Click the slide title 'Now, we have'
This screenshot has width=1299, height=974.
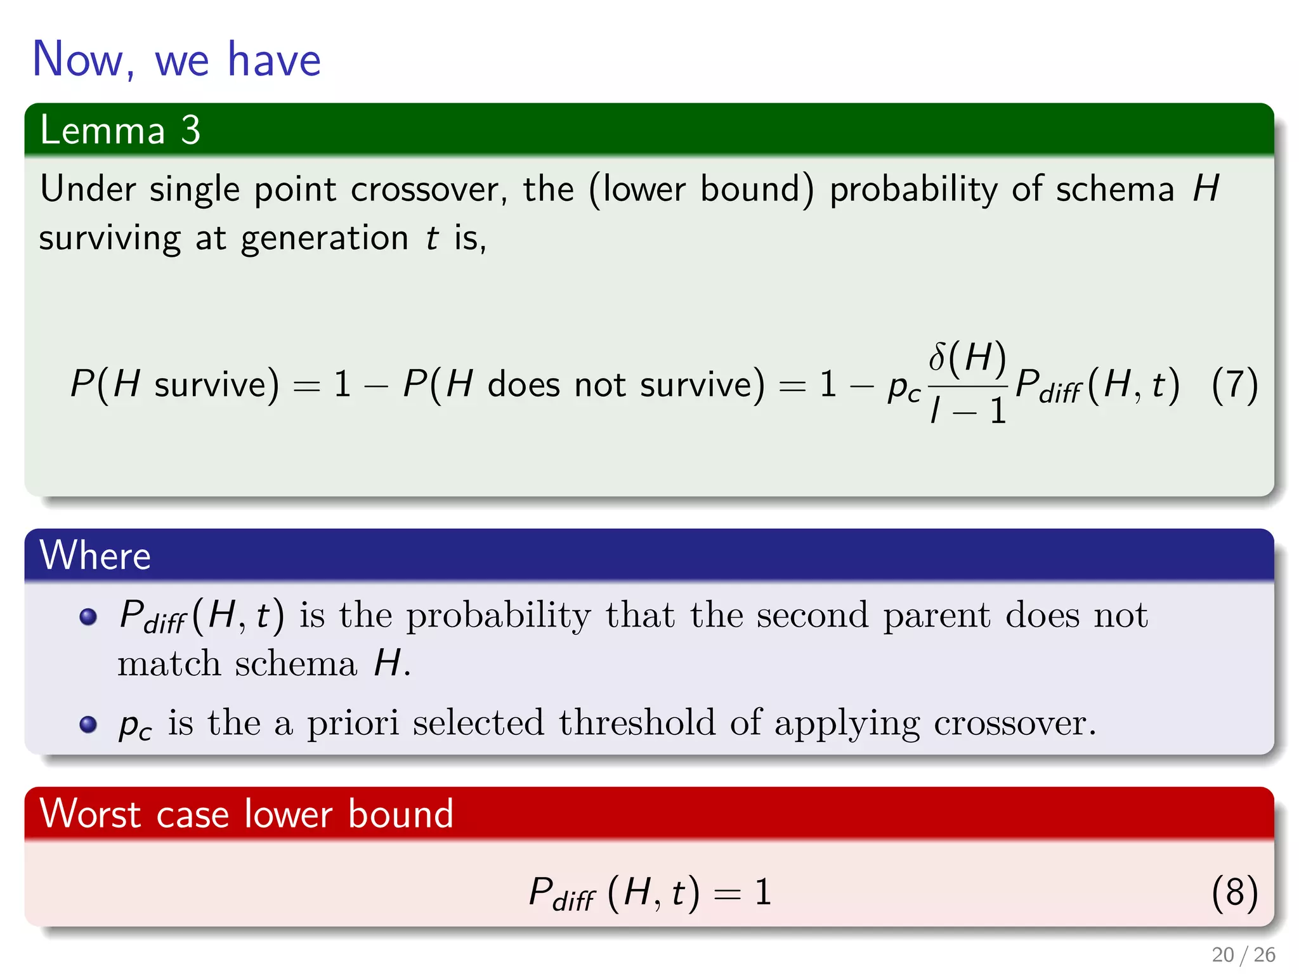[176, 59]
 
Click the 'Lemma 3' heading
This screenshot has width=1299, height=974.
[120, 130]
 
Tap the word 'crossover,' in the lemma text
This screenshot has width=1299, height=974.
[429, 189]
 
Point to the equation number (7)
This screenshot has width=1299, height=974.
[1234, 385]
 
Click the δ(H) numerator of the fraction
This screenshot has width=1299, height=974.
[967, 357]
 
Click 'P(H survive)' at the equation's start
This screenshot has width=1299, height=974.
[174, 384]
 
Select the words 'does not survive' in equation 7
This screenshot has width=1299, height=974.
[625, 385]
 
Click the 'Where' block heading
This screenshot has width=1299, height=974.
[95, 555]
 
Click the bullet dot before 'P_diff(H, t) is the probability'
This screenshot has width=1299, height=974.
[88, 616]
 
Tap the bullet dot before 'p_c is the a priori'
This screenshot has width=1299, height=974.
[88, 724]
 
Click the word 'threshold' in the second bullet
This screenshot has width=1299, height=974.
[637, 722]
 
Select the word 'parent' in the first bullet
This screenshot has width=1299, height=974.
[936, 615]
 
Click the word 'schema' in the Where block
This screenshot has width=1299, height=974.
[296, 665]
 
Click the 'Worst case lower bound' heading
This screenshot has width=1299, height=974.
[246, 814]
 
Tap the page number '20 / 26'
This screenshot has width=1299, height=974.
[1243, 954]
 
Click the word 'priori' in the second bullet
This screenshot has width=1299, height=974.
[353, 724]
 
